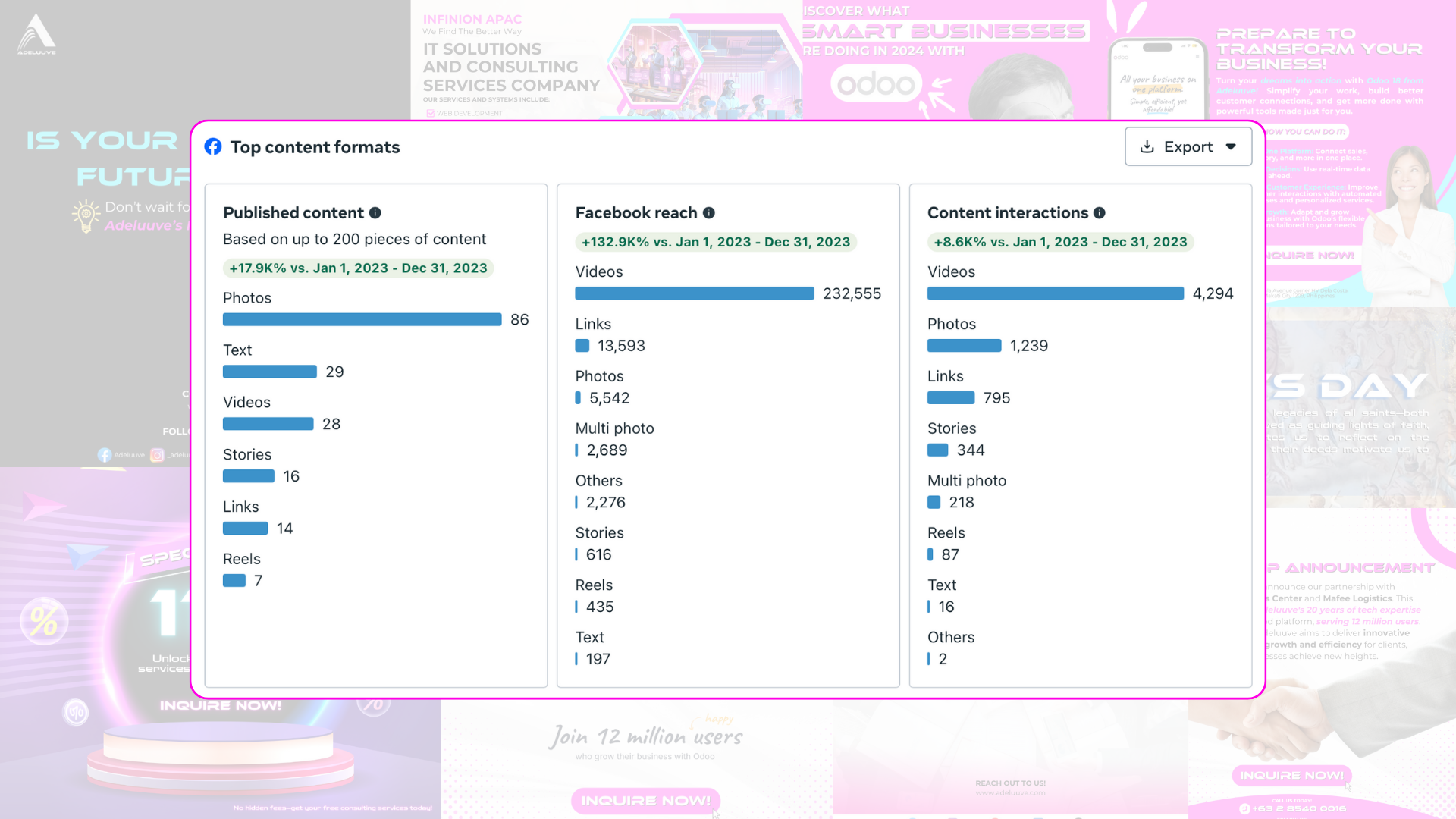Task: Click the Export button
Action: tap(1188, 147)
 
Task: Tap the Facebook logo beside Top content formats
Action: tap(213, 147)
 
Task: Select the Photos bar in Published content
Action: tap(362, 320)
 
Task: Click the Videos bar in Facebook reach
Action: tap(694, 293)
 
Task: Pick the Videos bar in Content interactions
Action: tap(1055, 293)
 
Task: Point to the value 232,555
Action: tap(852, 293)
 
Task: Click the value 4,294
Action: tap(1213, 293)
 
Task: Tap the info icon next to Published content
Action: tap(375, 213)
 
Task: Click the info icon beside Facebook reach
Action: tap(709, 213)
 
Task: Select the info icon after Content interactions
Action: tap(1100, 213)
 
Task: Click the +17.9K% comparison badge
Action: tap(358, 268)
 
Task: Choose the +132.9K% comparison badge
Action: tap(715, 242)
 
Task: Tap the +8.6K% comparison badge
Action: tap(1060, 242)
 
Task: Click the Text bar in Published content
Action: tap(269, 372)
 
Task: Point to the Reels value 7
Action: tap(258, 581)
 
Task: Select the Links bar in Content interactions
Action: tap(951, 398)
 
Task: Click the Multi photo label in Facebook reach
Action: tap(614, 428)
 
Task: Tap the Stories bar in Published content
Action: tap(248, 476)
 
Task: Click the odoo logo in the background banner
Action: tap(876, 83)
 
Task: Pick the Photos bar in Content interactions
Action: tap(964, 346)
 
